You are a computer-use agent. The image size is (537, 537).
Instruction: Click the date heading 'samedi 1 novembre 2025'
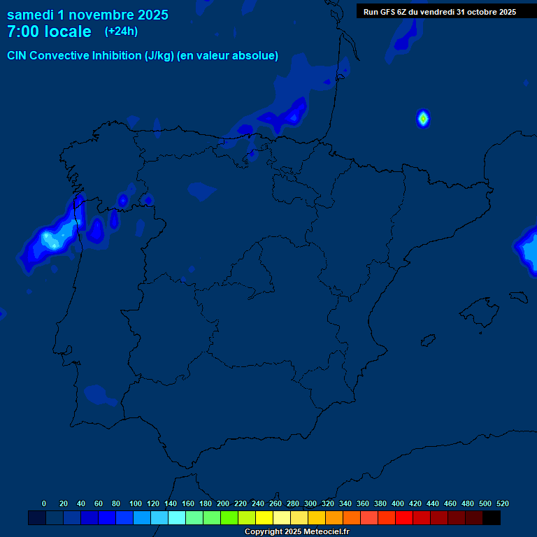[x=87, y=15]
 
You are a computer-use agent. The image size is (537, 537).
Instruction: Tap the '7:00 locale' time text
[x=49, y=32]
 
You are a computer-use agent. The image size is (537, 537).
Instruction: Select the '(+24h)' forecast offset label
[x=122, y=31]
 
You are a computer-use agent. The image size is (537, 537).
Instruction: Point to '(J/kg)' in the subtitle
[x=159, y=56]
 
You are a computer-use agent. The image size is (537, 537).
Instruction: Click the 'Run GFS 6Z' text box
[x=439, y=12]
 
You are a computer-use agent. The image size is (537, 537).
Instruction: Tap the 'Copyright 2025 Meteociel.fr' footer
[x=296, y=532]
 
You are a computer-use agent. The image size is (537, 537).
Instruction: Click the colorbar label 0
[x=44, y=504]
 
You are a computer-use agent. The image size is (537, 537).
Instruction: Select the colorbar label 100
[x=135, y=504]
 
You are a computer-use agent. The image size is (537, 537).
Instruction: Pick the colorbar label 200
[x=222, y=504]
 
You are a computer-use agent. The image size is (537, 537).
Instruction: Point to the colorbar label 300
[x=310, y=504]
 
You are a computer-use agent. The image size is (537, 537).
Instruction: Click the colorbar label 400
[x=397, y=504]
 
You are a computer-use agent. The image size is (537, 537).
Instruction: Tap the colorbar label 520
[x=502, y=504]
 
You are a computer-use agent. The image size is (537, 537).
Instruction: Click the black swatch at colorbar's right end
[x=492, y=518]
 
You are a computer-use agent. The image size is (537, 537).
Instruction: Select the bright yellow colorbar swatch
[x=264, y=518]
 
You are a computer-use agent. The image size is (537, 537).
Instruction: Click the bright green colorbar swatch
[x=229, y=518]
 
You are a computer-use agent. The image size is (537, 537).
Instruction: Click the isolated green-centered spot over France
[x=423, y=118]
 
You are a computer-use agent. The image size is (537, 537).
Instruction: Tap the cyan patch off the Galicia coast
[x=50, y=240]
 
